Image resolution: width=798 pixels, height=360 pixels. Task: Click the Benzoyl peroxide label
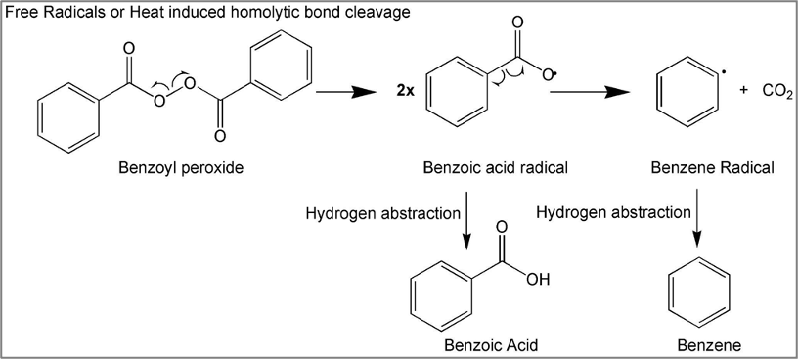(x=181, y=167)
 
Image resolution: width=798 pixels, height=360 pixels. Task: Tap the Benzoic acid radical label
(x=495, y=167)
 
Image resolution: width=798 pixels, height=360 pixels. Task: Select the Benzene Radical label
(x=713, y=167)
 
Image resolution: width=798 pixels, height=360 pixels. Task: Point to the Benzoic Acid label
(x=491, y=345)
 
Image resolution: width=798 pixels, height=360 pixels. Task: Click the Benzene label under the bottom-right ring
(x=709, y=345)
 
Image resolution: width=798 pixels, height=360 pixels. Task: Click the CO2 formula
(x=777, y=92)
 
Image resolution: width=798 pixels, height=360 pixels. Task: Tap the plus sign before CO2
(x=744, y=91)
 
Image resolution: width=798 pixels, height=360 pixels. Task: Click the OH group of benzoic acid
(x=538, y=280)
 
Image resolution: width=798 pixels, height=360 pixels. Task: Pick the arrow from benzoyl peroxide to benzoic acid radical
(x=346, y=92)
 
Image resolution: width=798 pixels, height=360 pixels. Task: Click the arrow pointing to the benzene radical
(x=591, y=92)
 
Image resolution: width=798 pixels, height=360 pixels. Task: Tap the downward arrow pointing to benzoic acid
(x=466, y=219)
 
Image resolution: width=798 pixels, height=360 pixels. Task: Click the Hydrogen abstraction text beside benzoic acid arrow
(x=382, y=214)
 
